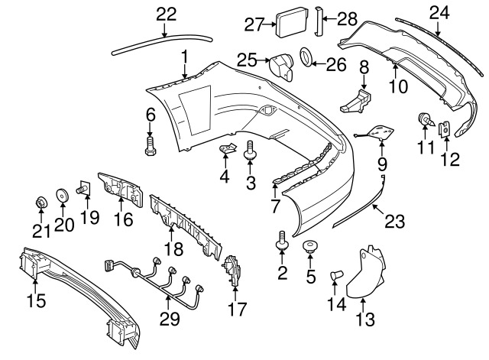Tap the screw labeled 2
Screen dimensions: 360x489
pyautogui.click(x=282, y=242)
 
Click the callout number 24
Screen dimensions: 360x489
pyautogui.click(x=438, y=11)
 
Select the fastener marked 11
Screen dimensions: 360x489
pyautogui.click(x=424, y=121)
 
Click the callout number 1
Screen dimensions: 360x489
pyautogui.click(x=184, y=56)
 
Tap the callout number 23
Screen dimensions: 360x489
pyautogui.click(x=393, y=222)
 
